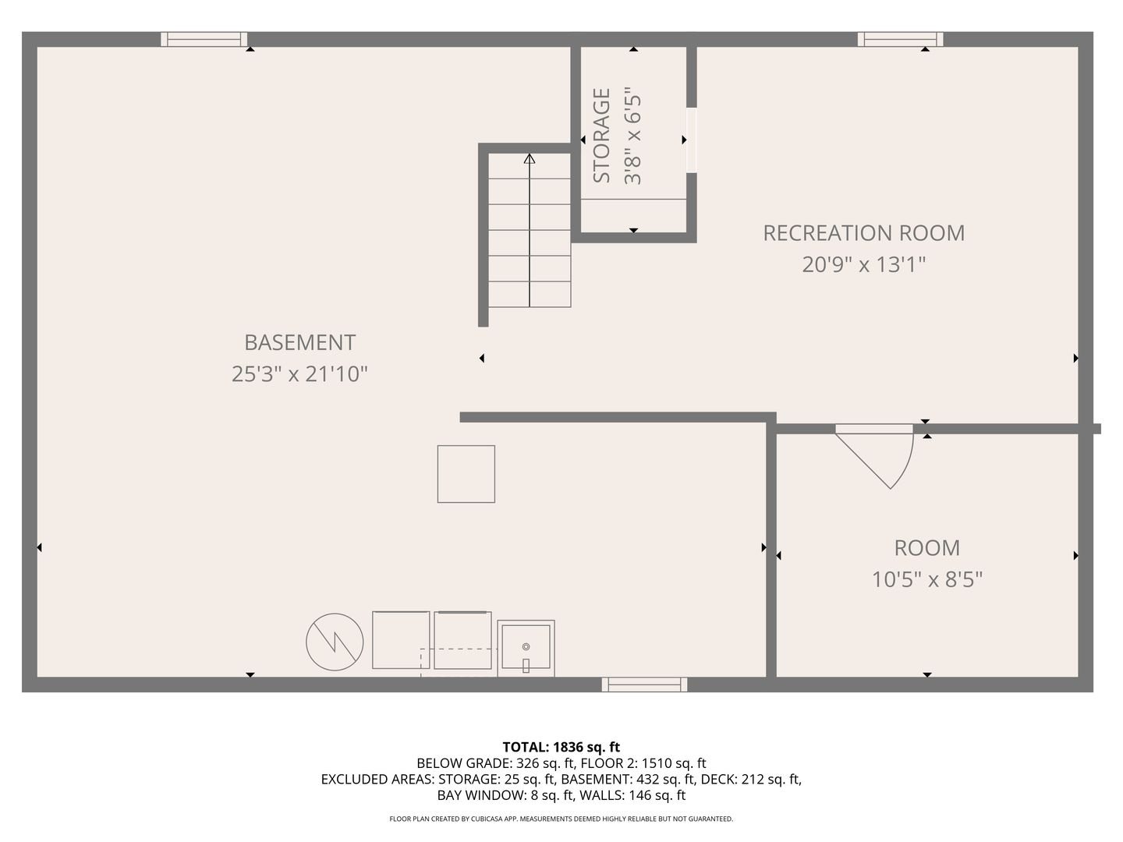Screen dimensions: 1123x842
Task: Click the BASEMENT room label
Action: pyautogui.click(x=299, y=342)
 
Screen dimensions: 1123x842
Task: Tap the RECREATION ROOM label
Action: pyautogui.click(x=863, y=233)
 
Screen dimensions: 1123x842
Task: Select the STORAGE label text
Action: pyautogui.click(x=601, y=136)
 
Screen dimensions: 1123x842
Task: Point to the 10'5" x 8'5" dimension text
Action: pyautogui.click(x=927, y=580)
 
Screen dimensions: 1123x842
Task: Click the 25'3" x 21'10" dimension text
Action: pyautogui.click(x=299, y=374)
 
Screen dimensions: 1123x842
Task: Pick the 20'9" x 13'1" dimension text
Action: pyautogui.click(x=863, y=265)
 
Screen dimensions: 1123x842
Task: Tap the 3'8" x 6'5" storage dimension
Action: pyautogui.click(x=632, y=139)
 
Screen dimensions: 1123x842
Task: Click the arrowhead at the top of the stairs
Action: pyautogui.click(x=530, y=159)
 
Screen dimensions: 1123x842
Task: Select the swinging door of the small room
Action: pyautogui.click(x=876, y=457)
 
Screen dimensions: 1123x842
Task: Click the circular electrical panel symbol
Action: pyautogui.click(x=335, y=642)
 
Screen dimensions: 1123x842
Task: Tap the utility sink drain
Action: pyautogui.click(x=526, y=647)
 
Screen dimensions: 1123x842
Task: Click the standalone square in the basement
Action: pyautogui.click(x=466, y=474)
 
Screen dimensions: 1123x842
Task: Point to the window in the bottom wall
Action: pyautogui.click(x=645, y=685)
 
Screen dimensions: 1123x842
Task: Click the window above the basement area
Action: pyautogui.click(x=204, y=39)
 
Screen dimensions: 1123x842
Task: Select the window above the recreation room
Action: pyautogui.click(x=901, y=39)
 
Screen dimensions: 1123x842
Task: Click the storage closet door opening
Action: pyautogui.click(x=691, y=140)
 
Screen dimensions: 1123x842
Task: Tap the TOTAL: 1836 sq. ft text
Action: pyautogui.click(x=561, y=748)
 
